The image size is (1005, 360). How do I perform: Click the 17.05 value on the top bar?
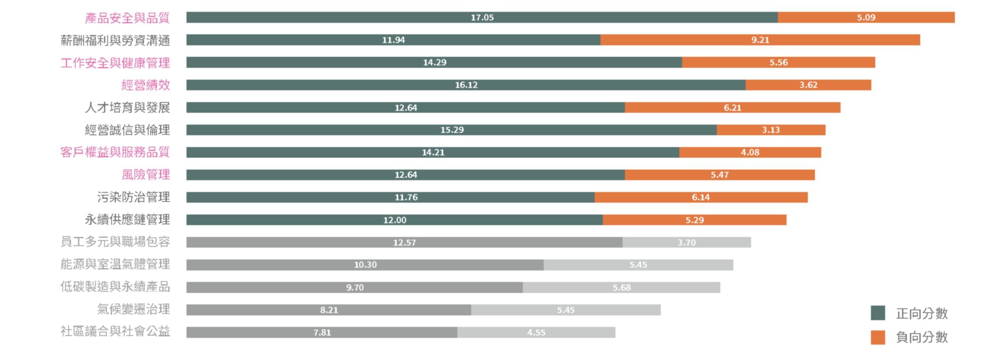[482, 17]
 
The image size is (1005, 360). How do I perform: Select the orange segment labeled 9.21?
[760, 40]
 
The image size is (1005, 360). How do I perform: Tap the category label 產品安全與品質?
[127, 18]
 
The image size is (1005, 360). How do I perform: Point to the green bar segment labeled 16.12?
[466, 85]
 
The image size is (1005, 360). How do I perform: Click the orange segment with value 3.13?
[770, 130]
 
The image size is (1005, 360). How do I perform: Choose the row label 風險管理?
[145, 174]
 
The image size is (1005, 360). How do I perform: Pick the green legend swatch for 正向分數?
[878, 313]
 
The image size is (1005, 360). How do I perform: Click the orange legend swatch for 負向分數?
[878, 337]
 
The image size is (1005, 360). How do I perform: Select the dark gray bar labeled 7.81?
[322, 332]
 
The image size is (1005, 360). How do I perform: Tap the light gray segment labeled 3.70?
[686, 242]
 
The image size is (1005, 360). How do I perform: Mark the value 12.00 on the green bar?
[394, 220]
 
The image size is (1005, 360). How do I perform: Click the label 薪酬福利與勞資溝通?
[115, 40]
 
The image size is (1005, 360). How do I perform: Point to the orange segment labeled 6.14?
[701, 197]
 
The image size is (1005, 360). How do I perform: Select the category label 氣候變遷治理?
[133, 309]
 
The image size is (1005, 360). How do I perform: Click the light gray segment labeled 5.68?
[621, 287]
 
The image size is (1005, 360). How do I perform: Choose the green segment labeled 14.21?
[433, 152]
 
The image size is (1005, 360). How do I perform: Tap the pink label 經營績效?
[145, 85]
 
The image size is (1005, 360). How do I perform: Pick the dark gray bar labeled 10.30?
[365, 265]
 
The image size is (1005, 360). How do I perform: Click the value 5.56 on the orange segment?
[778, 62]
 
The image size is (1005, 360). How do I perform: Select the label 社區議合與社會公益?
[115, 331]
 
